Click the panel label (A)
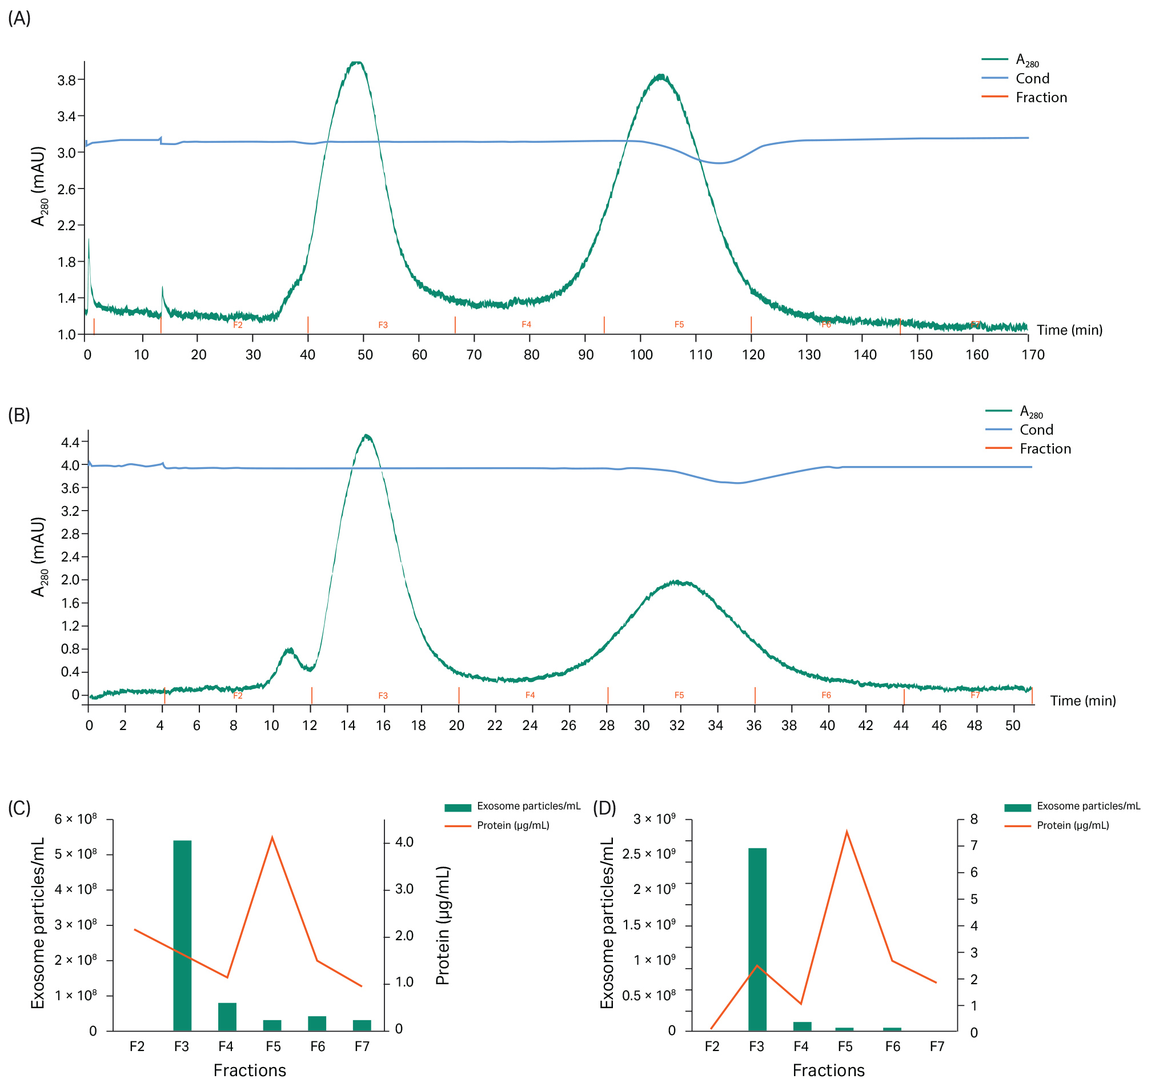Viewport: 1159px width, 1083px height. (19, 19)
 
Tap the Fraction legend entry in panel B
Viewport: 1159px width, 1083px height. (1044, 448)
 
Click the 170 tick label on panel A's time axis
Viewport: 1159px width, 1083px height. (1033, 354)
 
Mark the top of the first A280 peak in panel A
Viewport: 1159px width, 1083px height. (357, 62)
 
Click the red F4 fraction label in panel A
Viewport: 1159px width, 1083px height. (526, 324)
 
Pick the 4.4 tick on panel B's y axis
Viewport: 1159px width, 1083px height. (70, 443)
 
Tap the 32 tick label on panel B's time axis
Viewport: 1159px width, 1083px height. (677, 725)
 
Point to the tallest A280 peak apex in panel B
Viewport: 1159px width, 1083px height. (366, 435)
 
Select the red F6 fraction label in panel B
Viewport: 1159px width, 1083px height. (825, 695)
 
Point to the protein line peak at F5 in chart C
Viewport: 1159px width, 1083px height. (272, 837)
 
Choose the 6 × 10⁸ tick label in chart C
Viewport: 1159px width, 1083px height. (76, 819)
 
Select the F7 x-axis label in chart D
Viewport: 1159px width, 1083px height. (936, 1046)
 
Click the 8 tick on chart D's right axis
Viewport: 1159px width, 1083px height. (973, 819)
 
